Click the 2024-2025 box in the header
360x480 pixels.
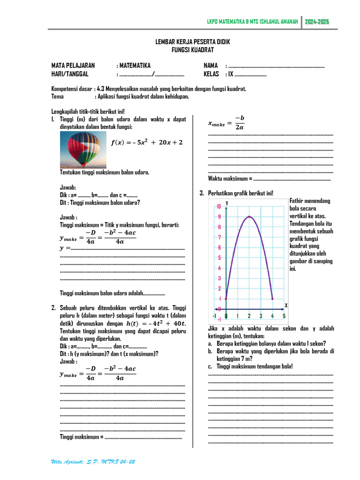317,22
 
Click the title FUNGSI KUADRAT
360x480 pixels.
193,50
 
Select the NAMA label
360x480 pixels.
210,66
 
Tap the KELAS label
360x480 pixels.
211,74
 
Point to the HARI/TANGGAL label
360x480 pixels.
70,74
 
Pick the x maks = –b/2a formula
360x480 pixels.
226,123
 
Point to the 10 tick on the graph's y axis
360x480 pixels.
218,207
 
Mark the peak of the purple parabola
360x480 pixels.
249,217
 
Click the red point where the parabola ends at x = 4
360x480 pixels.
272,298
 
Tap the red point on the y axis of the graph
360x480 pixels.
226,298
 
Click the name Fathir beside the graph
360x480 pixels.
298,201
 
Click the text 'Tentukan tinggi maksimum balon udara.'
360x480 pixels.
105,172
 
